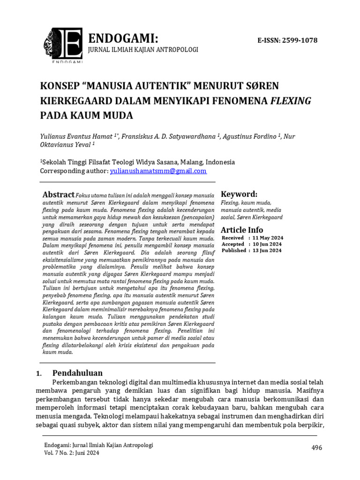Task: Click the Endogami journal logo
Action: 62,46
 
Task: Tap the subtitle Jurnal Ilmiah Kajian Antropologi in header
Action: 143,50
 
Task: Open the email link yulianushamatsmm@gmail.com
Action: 158,171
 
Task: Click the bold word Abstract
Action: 59,195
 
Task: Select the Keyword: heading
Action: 239,194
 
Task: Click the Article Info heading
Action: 242,230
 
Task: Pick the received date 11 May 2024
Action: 266,238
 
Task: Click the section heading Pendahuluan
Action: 77,373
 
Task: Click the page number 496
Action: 317,448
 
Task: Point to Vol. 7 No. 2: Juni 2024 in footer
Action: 72,453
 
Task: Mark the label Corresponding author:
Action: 74,171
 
